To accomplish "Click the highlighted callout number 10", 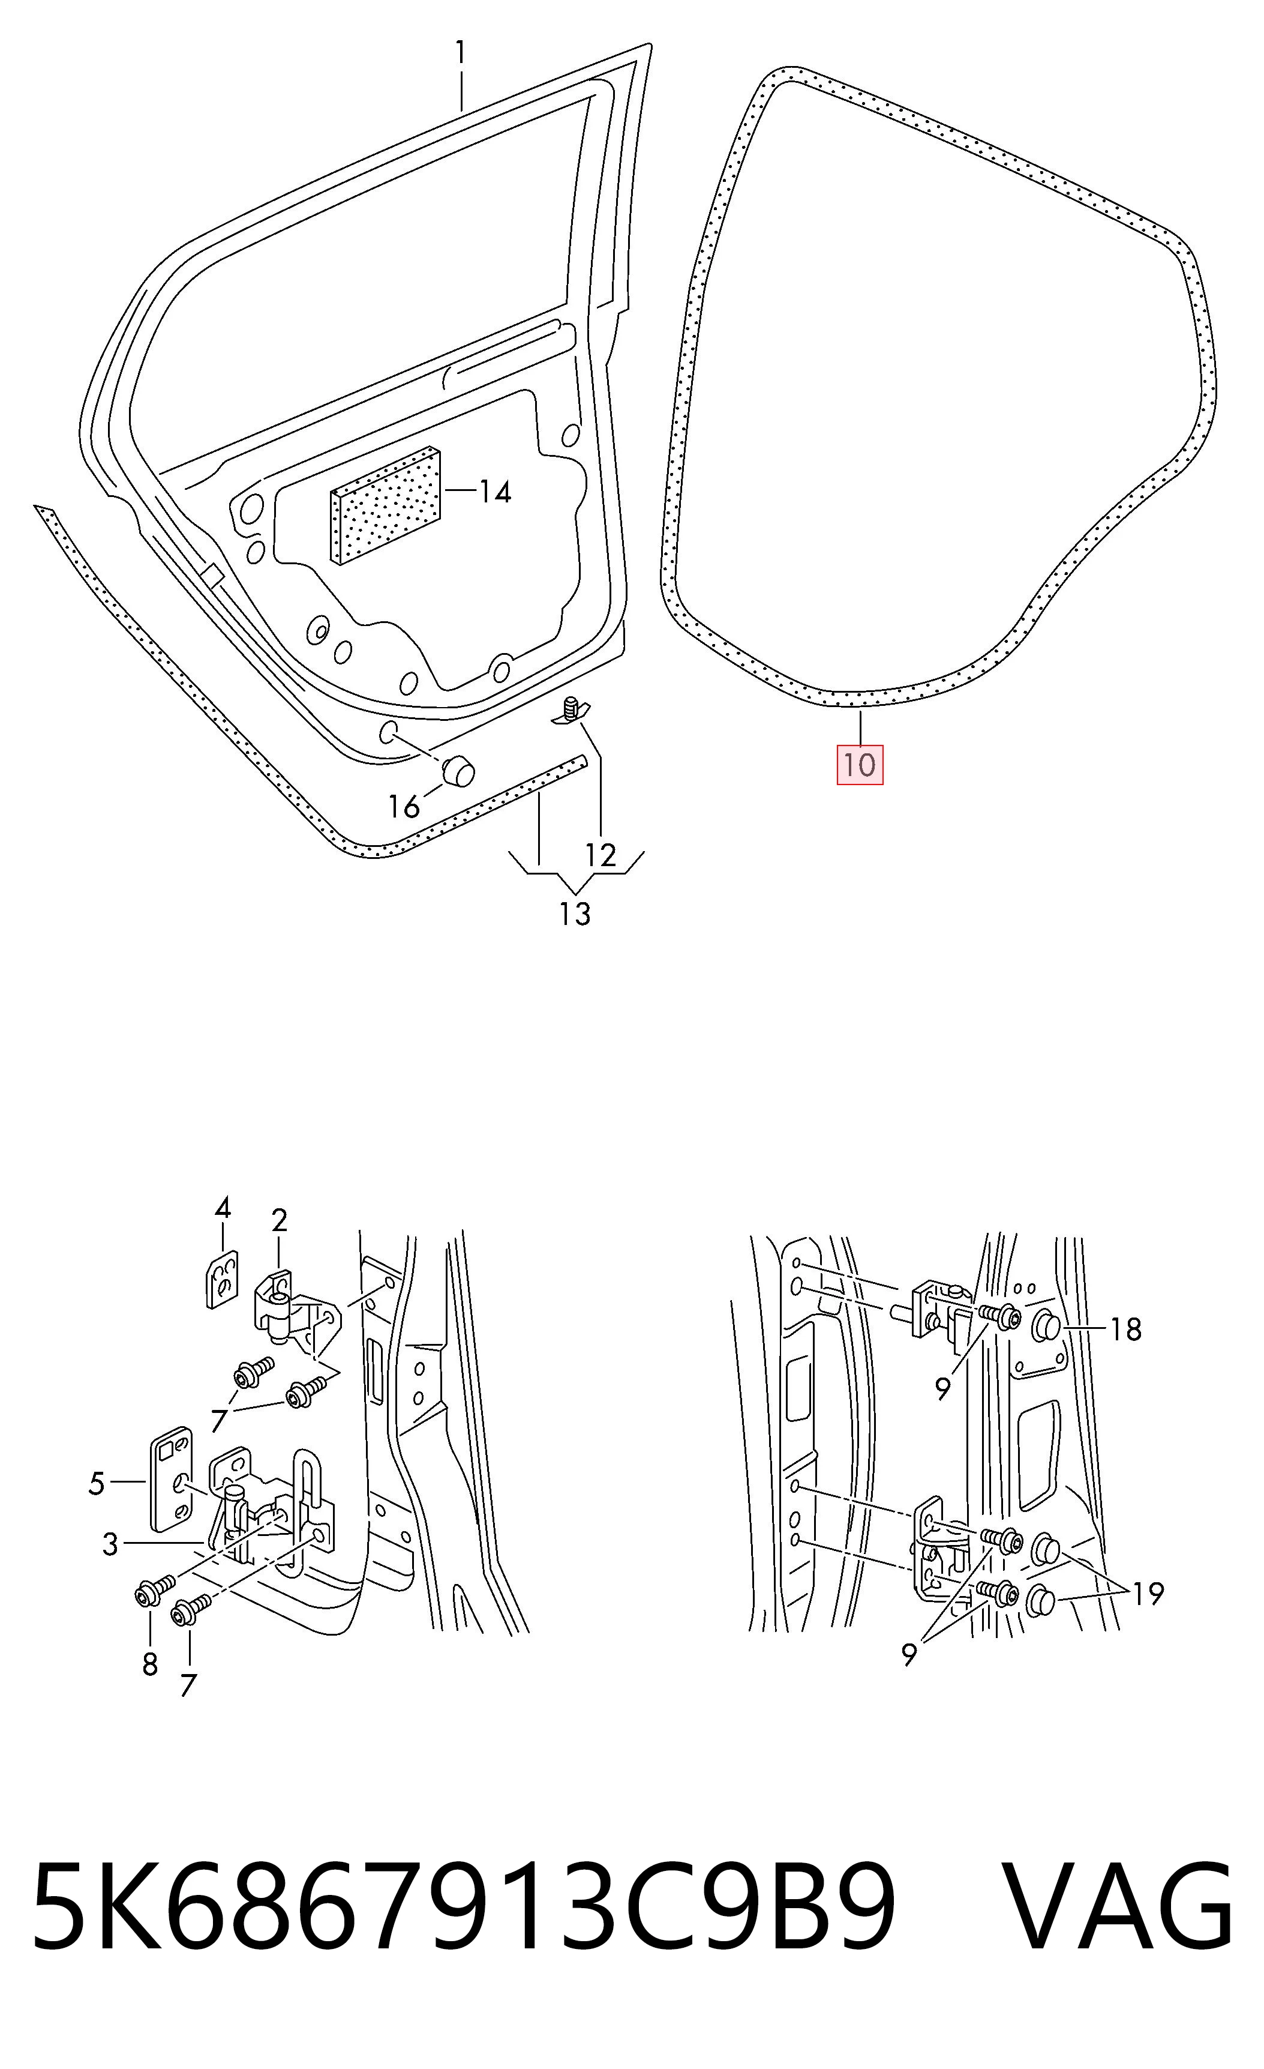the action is tap(860, 765).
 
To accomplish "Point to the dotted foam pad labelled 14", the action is tap(387, 505).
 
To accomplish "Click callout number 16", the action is tap(404, 807).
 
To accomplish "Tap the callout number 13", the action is tap(575, 914).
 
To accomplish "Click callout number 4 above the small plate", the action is tap(223, 1208).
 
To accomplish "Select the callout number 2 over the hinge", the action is tap(280, 1220).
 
